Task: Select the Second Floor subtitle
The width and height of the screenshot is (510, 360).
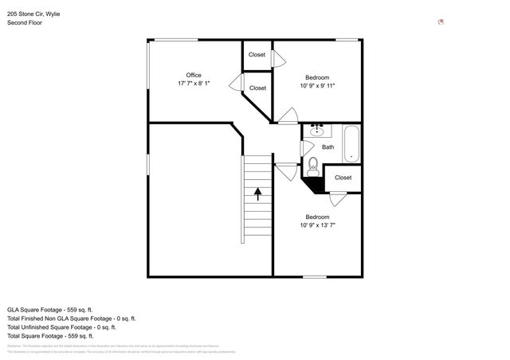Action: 24,22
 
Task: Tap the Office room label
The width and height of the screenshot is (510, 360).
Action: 194,75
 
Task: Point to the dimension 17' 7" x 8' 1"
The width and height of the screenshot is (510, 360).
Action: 194,84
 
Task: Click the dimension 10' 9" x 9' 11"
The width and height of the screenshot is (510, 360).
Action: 316,86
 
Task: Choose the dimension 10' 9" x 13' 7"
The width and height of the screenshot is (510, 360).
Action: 317,225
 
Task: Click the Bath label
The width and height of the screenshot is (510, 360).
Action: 328,147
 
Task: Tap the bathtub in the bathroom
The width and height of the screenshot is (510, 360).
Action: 351,144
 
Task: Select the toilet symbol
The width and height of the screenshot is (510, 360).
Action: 313,166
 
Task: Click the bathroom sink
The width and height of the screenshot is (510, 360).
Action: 316,131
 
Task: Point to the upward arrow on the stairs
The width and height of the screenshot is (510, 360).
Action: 257,192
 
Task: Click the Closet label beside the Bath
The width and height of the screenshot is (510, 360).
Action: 343,178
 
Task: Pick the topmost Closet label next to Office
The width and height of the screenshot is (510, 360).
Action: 257,55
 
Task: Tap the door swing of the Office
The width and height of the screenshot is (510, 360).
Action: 236,82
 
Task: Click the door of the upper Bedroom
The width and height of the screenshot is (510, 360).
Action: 287,117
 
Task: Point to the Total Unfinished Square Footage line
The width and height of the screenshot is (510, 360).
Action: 61,327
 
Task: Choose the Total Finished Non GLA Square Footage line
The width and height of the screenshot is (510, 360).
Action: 72,318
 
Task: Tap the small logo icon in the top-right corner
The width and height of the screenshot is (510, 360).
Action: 441,22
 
